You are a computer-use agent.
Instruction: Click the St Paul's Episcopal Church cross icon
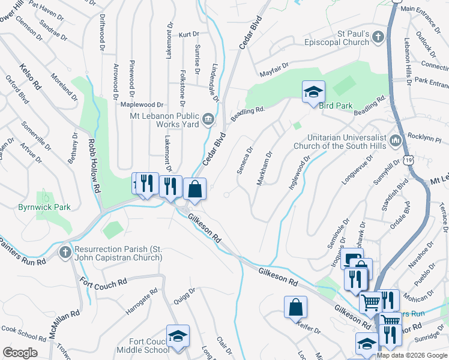pyautogui.click(x=378, y=37)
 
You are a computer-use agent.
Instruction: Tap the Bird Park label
pyautogui.click(x=336, y=106)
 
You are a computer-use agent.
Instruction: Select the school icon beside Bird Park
pyautogui.click(x=313, y=92)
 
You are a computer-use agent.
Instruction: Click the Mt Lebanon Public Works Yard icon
pyautogui.click(x=208, y=118)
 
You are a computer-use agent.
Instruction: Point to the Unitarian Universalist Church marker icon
pyautogui.click(x=396, y=141)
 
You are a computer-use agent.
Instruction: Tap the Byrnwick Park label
pyautogui.click(x=44, y=208)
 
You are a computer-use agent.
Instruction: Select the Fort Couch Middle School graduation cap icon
pyautogui.click(x=178, y=336)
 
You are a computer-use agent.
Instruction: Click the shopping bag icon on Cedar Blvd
pyautogui.click(x=194, y=189)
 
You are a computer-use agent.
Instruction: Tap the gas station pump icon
pyautogui.click(x=351, y=260)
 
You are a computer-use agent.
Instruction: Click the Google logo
pyautogui.click(x=19, y=353)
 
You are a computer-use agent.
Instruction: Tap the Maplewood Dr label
pyautogui.click(x=142, y=105)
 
